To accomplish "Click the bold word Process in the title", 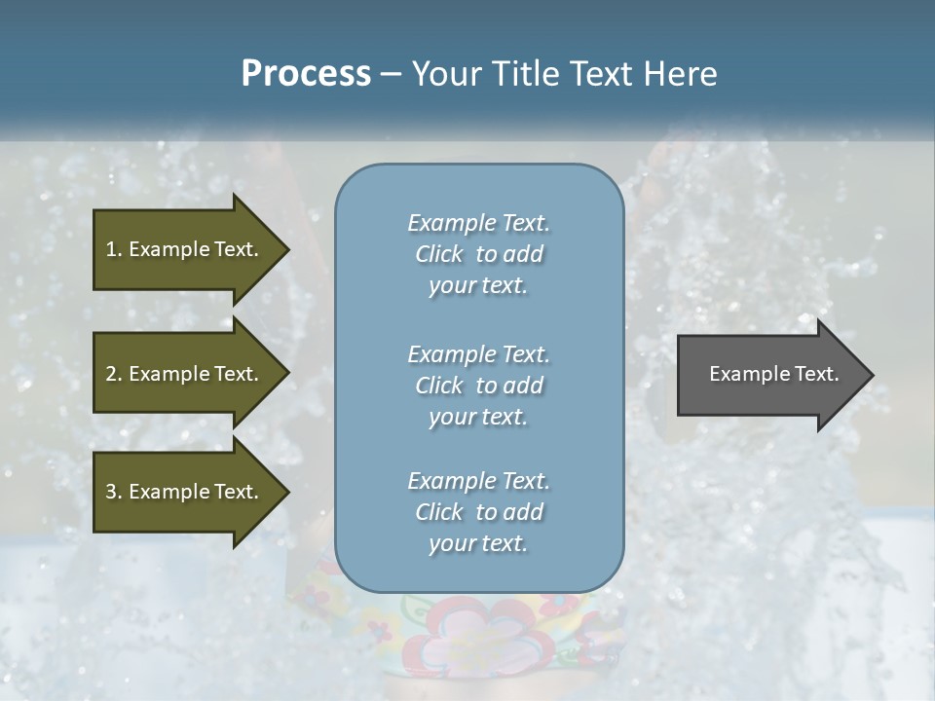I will pyautogui.click(x=306, y=74).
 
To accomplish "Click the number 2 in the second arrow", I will pyautogui.click(x=111, y=374).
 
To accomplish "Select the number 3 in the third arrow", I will pyautogui.click(x=111, y=492).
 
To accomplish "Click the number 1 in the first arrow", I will pyautogui.click(x=111, y=249).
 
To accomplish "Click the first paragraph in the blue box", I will pyautogui.click(x=478, y=254).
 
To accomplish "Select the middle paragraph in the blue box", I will pyautogui.click(x=478, y=386).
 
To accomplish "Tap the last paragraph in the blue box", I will pyautogui.click(x=478, y=512).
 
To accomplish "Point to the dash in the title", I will pyautogui.click(x=391, y=74).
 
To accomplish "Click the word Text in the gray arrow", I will pyautogui.click(x=817, y=374).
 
